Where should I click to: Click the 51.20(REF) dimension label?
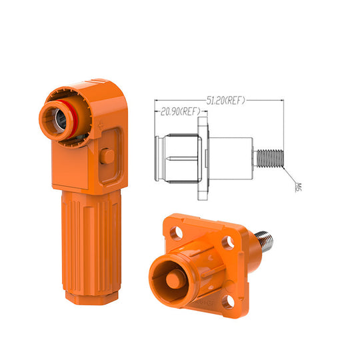point(226,101)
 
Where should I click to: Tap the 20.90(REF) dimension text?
point(180,111)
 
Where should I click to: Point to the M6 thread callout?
point(298,187)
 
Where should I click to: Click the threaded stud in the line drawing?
point(269,159)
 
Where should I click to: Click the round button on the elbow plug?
point(107,156)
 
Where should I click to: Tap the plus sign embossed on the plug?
point(100,126)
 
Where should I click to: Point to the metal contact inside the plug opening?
point(61,119)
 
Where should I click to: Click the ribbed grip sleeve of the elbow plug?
point(91,242)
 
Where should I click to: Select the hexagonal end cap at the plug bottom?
point(92,298)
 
